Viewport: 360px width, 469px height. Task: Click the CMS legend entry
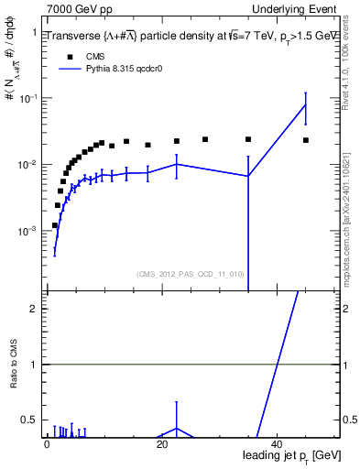(x=82, y=55)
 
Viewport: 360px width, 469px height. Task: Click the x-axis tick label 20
(x=162, y=444)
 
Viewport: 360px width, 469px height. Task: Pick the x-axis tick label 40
(x=278, y=444)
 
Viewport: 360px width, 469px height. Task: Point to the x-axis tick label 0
(x=47, y=444)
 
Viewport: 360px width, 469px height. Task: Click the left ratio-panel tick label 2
(x=33, y=309)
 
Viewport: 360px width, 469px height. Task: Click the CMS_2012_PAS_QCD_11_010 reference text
(x=190, y=273)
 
